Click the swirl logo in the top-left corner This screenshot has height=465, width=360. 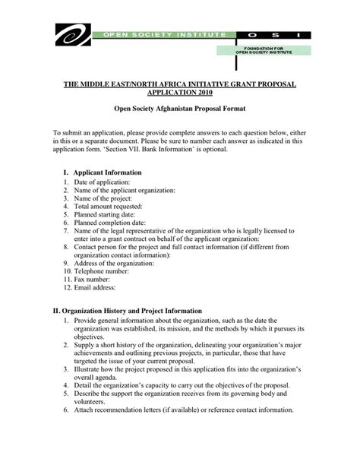72,34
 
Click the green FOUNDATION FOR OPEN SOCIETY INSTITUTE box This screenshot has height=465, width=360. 263,50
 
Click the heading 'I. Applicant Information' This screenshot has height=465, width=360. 102,173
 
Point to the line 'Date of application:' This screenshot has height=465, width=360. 102,183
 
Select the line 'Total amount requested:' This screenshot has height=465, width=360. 109,206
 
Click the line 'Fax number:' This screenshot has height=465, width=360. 93,279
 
